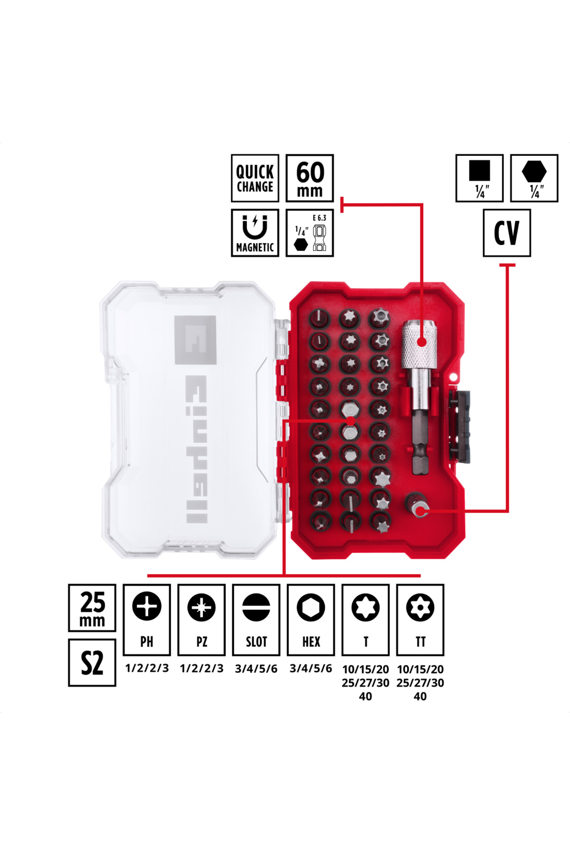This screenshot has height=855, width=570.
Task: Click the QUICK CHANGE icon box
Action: (255, 178)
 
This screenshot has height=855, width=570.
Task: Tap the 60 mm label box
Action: (310, 178)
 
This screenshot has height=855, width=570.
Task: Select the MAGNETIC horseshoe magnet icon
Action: (255, 227)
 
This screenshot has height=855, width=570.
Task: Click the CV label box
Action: (507, 233)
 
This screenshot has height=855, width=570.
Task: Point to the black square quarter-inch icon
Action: (479, 171)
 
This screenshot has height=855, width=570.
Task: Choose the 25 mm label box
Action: (92, 608)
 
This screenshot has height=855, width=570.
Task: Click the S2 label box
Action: (92, 663)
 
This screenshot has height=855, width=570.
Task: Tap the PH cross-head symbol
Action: (147, 607)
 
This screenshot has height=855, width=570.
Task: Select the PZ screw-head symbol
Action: (201, 607)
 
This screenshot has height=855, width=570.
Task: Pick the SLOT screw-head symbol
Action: (256, 607)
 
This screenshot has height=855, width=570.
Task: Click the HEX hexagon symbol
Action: (311, 607)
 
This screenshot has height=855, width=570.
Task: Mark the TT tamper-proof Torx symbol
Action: (420, 607)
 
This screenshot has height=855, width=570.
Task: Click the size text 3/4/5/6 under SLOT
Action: (256, 669)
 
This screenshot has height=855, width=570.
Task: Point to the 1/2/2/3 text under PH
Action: (147, 668)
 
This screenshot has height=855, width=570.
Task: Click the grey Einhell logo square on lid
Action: (195, 340)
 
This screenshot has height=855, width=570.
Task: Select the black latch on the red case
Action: (460, 427)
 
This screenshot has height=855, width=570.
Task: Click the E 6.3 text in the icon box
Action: (319, 218)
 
